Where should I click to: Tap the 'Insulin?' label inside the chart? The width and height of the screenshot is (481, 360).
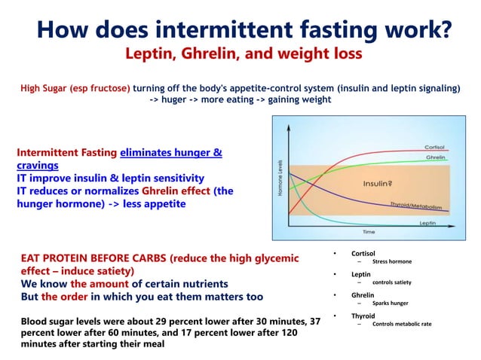377,183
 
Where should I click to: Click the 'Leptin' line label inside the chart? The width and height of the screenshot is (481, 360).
427,224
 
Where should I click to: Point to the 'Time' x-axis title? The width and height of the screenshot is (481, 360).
369,231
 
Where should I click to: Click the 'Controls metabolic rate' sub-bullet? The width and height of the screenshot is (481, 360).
402,324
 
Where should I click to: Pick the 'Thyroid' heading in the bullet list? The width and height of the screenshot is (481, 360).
363,316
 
